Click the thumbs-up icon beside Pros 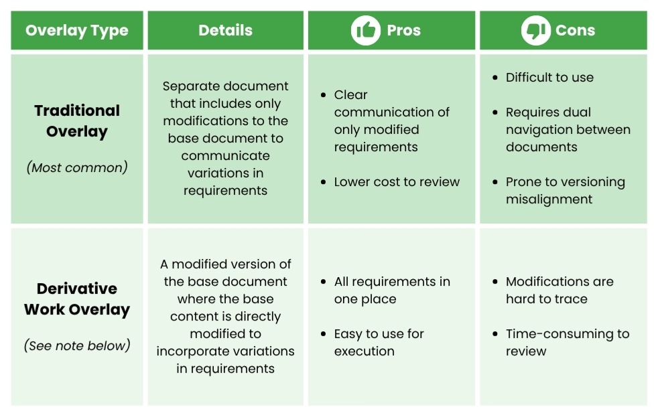tap(365, 31)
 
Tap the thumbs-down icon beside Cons tap(535, 31)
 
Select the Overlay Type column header tap(76, 31)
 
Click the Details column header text tap(225, 31)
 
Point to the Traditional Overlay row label tap(77, 121)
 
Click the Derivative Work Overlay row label tap(77, 299)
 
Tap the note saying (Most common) tap(77, 167)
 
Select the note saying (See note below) tap(77, 346)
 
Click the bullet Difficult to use tap(549, 78)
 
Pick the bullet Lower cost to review tap(397, 182)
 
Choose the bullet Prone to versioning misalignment tap(565, 191)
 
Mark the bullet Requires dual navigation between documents tap(568, 130)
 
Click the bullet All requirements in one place tap(392, 290)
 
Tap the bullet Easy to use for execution tap(379, 342)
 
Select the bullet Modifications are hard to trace tap(560, 290)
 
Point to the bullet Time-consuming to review tap(567, 342)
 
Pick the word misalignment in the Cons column tap(549, 199)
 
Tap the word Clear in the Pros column tap(351, 95)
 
